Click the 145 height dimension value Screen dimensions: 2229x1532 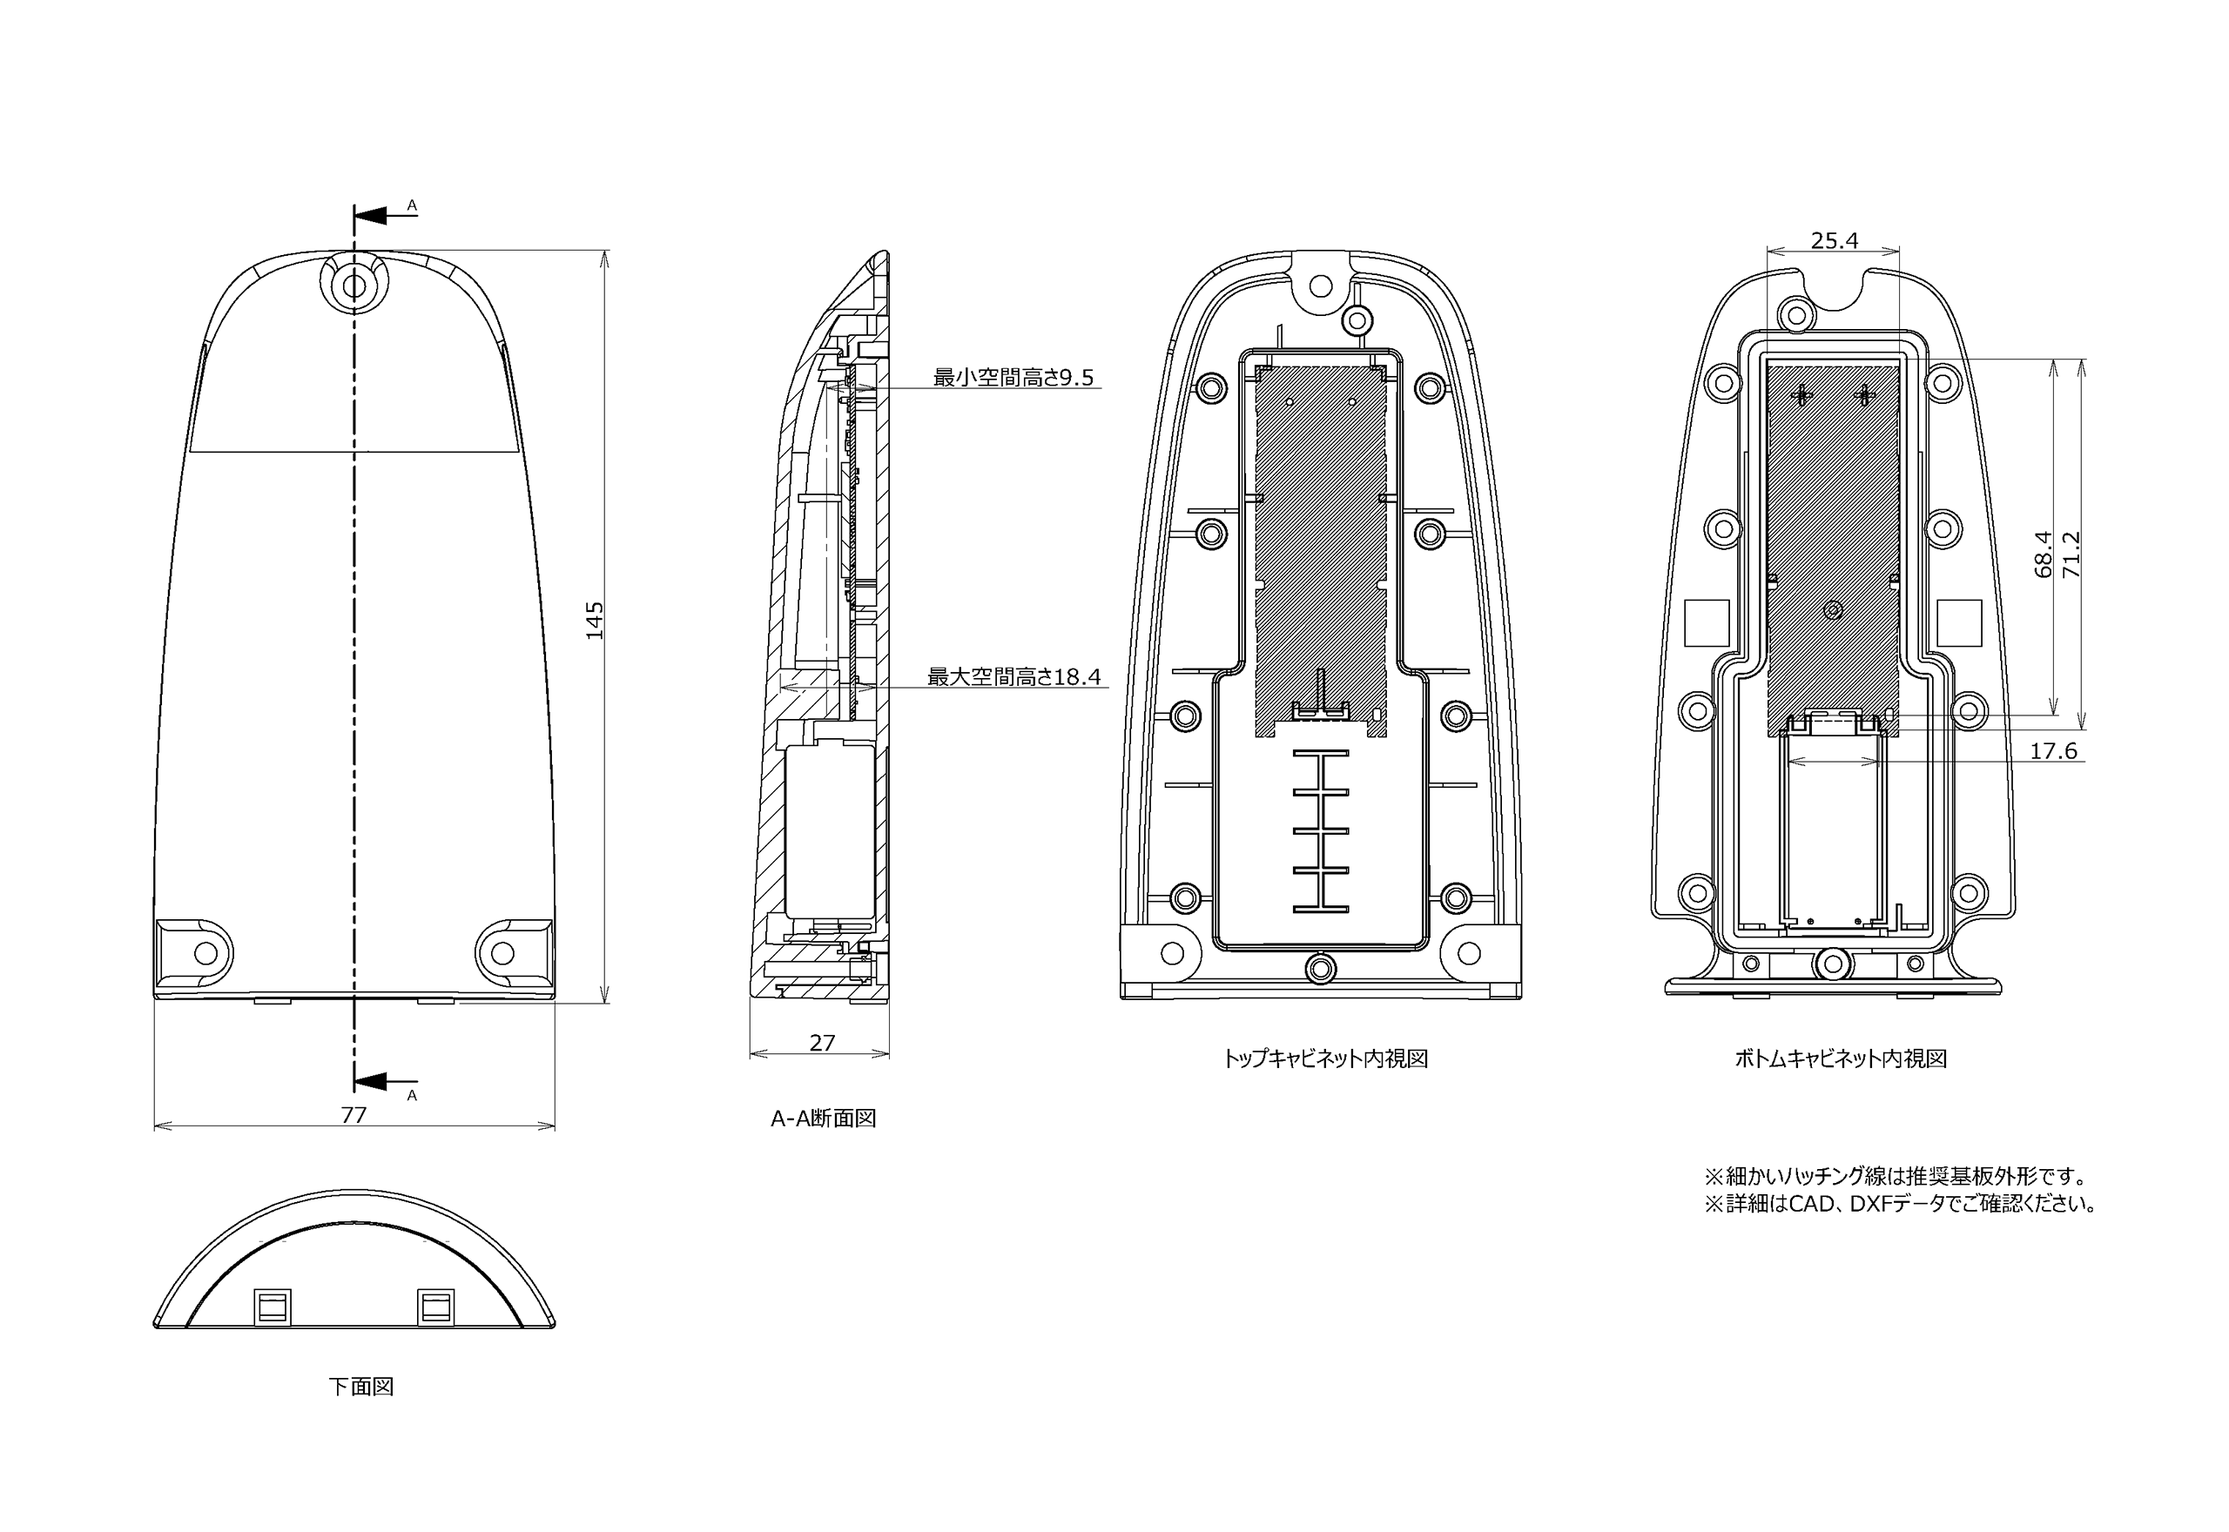[x=596, y=620]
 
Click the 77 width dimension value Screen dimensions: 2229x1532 [x=354, y=1114]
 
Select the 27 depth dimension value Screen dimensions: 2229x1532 [x=823, y=1043]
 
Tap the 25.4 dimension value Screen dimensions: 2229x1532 [x=1835, y=241]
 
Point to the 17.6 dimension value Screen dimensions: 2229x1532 [x=2053, y=750]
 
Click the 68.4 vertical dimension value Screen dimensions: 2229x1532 [x=2043, y=554]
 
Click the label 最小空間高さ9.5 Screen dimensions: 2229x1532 [x=1013, y=377]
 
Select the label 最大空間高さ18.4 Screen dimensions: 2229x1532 [x=1013, y=676]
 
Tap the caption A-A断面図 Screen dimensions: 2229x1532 [x=824, y=1119]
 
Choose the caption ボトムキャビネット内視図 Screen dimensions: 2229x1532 [x=1840, y=1058]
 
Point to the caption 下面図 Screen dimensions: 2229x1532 [x=361, y=1386]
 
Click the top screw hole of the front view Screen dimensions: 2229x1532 [x=354, y=286]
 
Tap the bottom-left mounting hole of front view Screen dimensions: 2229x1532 [x=205, y=953]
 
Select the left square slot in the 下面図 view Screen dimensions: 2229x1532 [x=273, y=1307]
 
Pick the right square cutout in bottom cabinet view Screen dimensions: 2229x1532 [x=1959, y=623]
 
